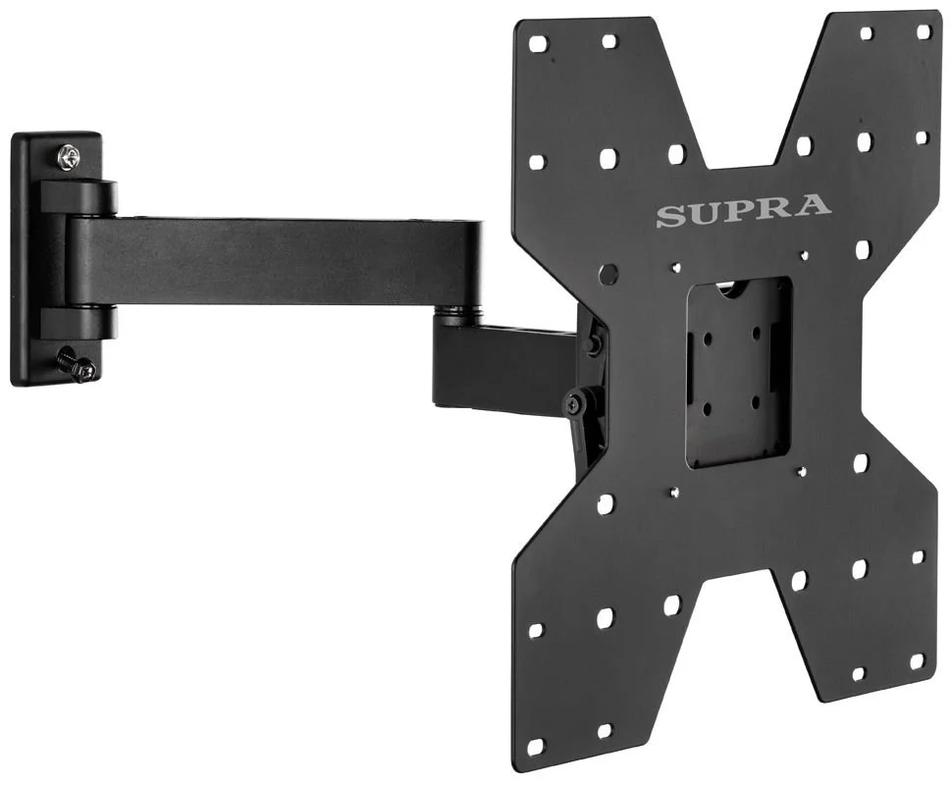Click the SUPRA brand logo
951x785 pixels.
tap(744, 210)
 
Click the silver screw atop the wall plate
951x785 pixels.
tap(68, 159)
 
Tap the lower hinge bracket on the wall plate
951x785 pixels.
tap(77, 324)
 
